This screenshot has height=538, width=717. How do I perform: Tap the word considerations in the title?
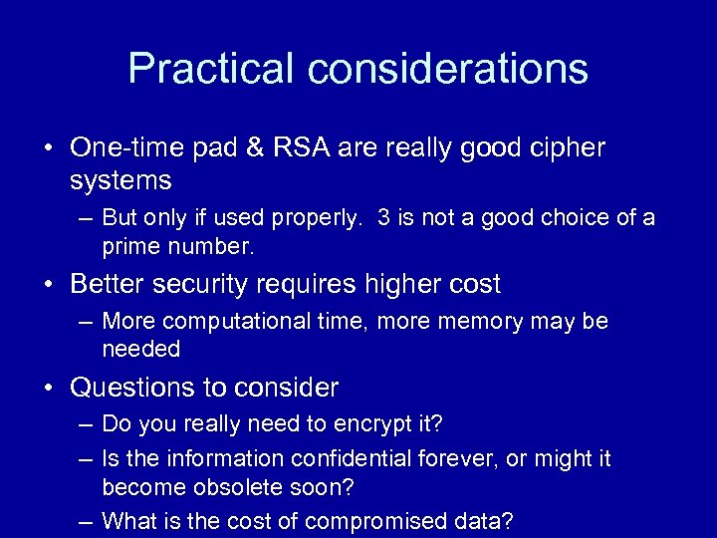(447, 69)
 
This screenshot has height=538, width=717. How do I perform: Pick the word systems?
(120, 180)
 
